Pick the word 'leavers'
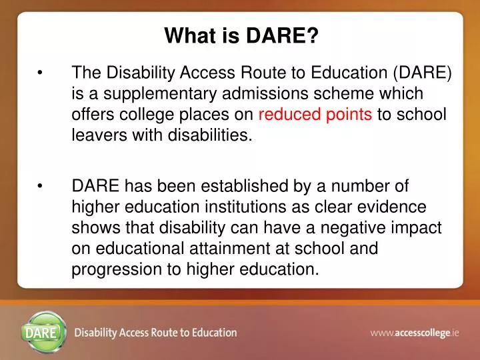click(95, 135)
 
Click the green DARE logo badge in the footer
click(44, 331)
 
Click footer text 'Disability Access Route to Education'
click(155, 332)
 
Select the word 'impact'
click(420, 228)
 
